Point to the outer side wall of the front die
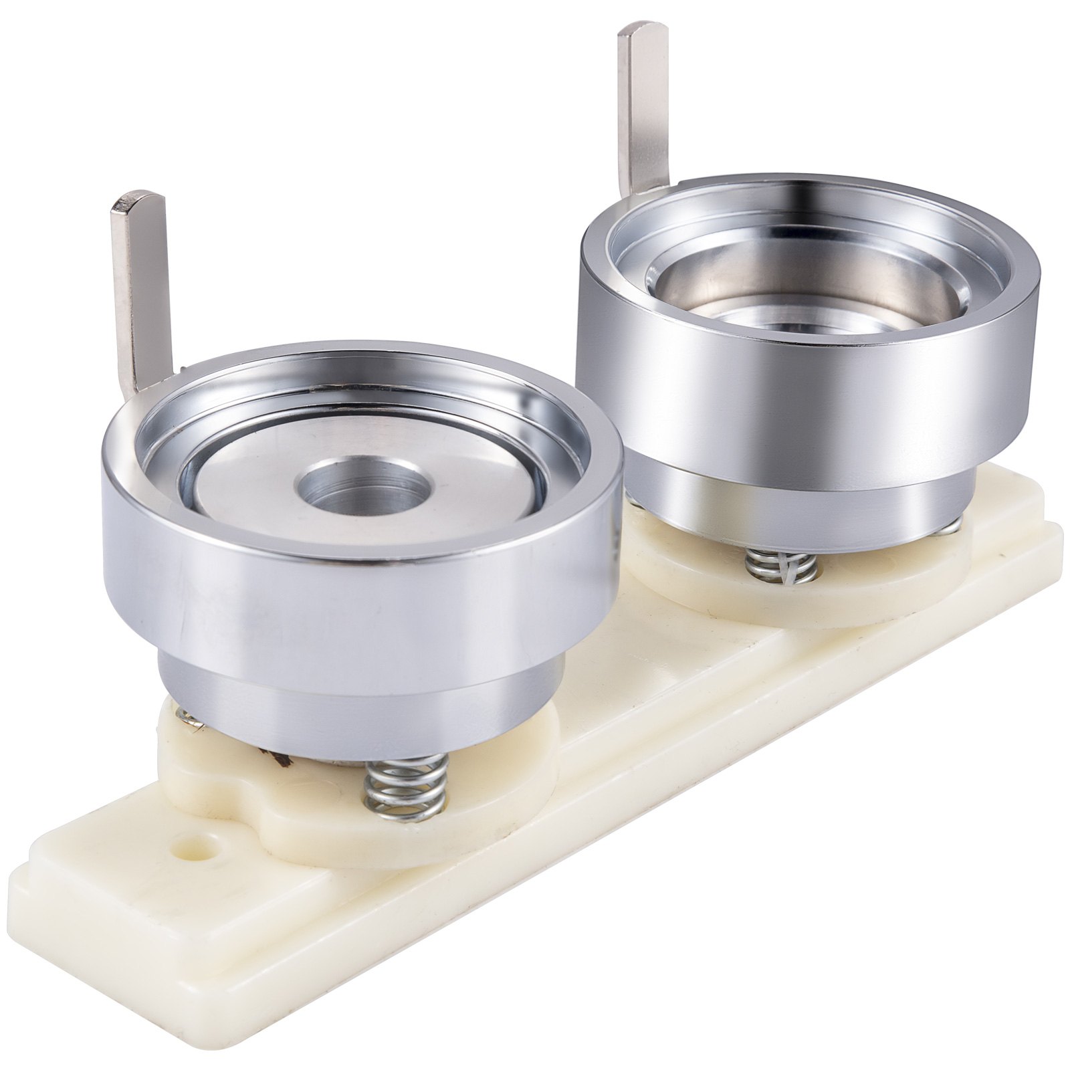pyautogui.click(x=361, y=602)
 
